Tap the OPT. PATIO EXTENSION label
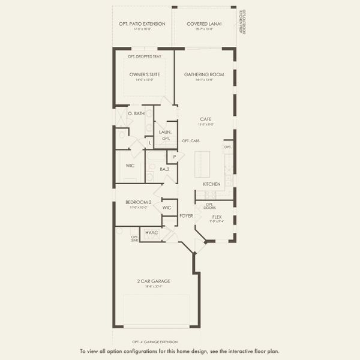tap(142, 23)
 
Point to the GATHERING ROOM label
tap(204, 74)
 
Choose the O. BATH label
tap(137, 113)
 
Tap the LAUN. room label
tap(165, 132)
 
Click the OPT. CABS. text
tap(191, 141)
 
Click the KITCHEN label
tap(212, 184)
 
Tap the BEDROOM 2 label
tap(139, 203)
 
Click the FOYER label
tap(185, 215)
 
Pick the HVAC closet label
tap(151, 232)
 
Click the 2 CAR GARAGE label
tap(154, 281)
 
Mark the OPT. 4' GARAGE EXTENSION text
tap(155, 341)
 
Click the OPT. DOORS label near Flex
tap(210, 206)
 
